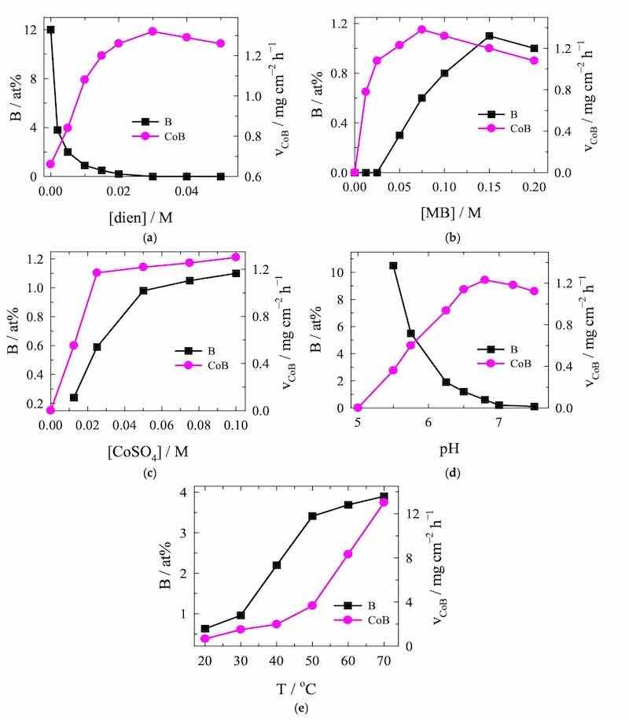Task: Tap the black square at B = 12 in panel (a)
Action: (51, 30)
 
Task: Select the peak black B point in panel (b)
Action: (489, 36)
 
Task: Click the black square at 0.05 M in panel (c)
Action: (143, 290)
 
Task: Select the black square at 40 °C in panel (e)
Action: (277, 565)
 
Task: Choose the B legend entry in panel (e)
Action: (358, 605)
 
